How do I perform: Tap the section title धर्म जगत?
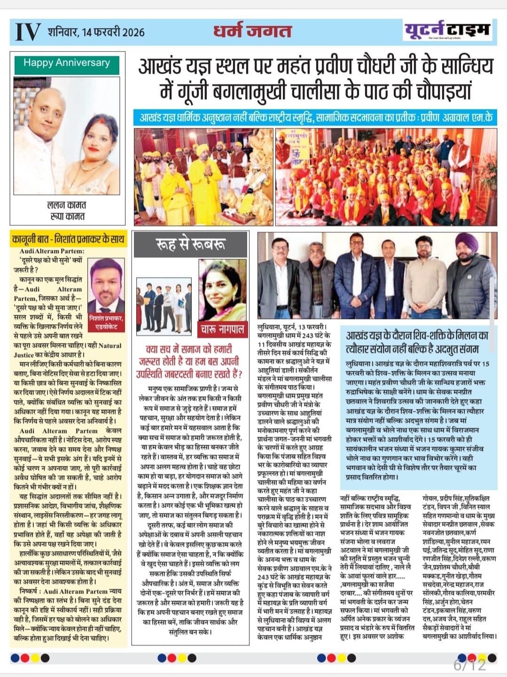(252, 31)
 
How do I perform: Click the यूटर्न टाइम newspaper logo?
(447, 31)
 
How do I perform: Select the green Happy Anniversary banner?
(66, 63)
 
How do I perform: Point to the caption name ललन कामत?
(67, 205)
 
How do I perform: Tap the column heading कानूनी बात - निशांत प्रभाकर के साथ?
(69, 239)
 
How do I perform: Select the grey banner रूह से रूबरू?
(190, 244)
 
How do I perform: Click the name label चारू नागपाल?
(222, 329)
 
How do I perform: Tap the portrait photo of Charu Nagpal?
(222, 289)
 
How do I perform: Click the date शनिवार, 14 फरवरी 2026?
(96, 32)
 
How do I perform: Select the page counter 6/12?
(469, 665)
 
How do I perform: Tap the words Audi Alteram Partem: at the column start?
(52, 252)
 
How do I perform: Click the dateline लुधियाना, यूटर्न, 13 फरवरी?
(292, 327)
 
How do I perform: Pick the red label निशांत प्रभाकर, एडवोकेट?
(106, 322)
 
